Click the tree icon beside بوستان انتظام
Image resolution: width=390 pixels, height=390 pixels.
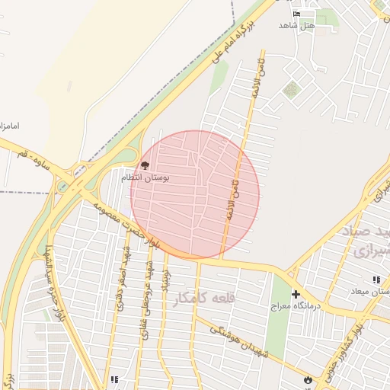click(x=145, y=165)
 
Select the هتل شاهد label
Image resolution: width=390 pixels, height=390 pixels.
click(x=296, y=26)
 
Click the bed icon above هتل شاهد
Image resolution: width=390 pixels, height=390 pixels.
click(x=296, y=14)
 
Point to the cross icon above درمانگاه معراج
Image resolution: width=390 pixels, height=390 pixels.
click(x=296, y=294)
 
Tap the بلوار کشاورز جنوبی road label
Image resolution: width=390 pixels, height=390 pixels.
click(x=358, y=344)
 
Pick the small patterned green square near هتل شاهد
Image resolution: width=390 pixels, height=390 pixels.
click(x=291, y=90)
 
